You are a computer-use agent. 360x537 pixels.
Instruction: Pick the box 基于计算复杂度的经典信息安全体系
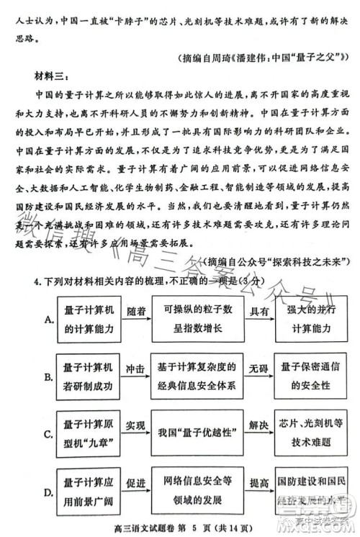198,376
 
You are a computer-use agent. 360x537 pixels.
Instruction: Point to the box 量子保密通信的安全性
311,376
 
